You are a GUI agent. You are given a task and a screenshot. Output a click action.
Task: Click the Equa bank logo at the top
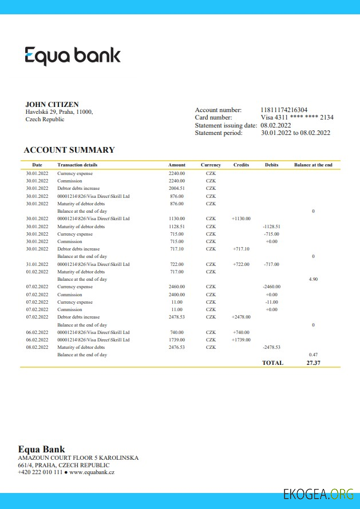[73, 55]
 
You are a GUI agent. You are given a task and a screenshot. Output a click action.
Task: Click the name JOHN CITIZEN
[52, 105]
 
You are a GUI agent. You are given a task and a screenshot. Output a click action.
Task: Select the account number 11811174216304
[284, 110]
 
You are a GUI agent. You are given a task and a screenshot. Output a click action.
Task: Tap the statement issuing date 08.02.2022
[276, 125]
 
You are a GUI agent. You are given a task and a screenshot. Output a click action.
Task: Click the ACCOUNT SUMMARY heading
[69, 150]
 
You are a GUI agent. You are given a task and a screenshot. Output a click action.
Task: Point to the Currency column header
[211, 165]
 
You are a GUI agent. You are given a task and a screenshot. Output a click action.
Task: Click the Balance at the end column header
[313, 165]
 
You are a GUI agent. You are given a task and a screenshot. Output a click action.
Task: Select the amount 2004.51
[177, 188]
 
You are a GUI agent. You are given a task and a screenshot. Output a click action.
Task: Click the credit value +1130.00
[241, 218]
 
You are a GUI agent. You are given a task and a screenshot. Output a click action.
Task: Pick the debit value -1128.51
[271, 226]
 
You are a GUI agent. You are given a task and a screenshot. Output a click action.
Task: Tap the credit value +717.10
[241, 249]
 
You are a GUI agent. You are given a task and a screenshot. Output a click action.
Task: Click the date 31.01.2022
[37, 264]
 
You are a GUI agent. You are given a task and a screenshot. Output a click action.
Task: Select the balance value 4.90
[313, 279]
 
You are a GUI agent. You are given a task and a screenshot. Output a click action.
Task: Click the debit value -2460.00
[271, 287]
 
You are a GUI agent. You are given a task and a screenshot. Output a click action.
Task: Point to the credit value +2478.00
[241, 317]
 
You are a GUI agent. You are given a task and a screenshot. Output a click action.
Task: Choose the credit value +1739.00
[241, 340]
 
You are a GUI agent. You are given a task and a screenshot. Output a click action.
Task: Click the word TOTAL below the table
[272, 363]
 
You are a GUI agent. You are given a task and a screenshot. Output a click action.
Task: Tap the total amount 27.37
[313, 363]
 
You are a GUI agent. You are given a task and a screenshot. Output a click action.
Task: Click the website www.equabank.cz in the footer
[92, 472]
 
